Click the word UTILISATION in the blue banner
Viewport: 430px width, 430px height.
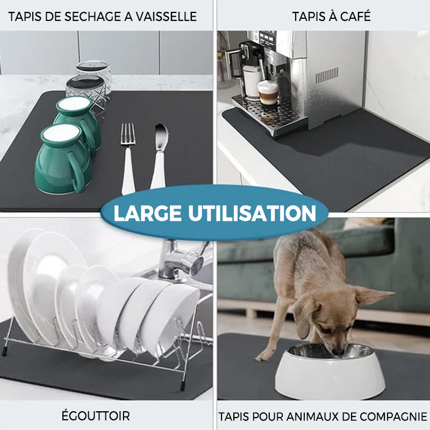click(x=252, y=213)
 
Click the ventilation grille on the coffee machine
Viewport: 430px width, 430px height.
click(x=327, y=75)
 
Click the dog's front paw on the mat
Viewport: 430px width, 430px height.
click(x=264, y=355)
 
